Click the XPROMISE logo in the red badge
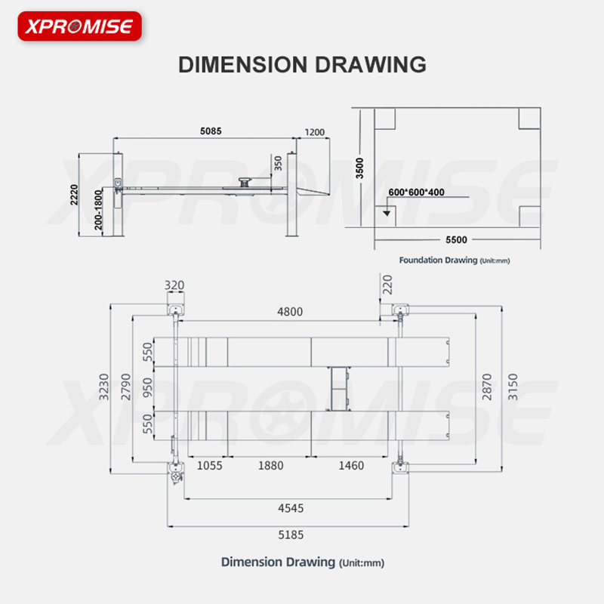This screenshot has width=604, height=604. (79, 26)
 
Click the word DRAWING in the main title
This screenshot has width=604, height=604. (371, 64)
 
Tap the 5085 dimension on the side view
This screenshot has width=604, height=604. (211, 131)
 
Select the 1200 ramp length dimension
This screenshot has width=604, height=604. (314, 132)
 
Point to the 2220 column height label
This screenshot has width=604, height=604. (74, 195)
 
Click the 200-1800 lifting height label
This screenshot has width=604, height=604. (99, 210)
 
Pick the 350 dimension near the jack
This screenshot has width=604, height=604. (278, 163)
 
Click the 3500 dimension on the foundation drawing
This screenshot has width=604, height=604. (359, 168)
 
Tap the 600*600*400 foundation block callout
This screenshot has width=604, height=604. (416, 192)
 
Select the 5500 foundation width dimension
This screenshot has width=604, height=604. (456, 239)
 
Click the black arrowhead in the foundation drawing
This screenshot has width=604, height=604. (387, 213)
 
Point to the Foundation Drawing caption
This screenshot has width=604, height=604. (455, 260)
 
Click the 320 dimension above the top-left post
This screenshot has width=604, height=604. (174, 285)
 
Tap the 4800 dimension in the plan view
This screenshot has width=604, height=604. (290, 312)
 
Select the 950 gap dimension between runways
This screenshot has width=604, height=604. (147, 387)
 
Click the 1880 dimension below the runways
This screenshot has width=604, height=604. (271, 466)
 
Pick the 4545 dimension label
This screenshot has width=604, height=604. (291, 508)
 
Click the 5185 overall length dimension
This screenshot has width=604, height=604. (291, 535)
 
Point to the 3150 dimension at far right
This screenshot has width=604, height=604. (513, 387)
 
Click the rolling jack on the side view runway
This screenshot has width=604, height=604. (244, 182)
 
